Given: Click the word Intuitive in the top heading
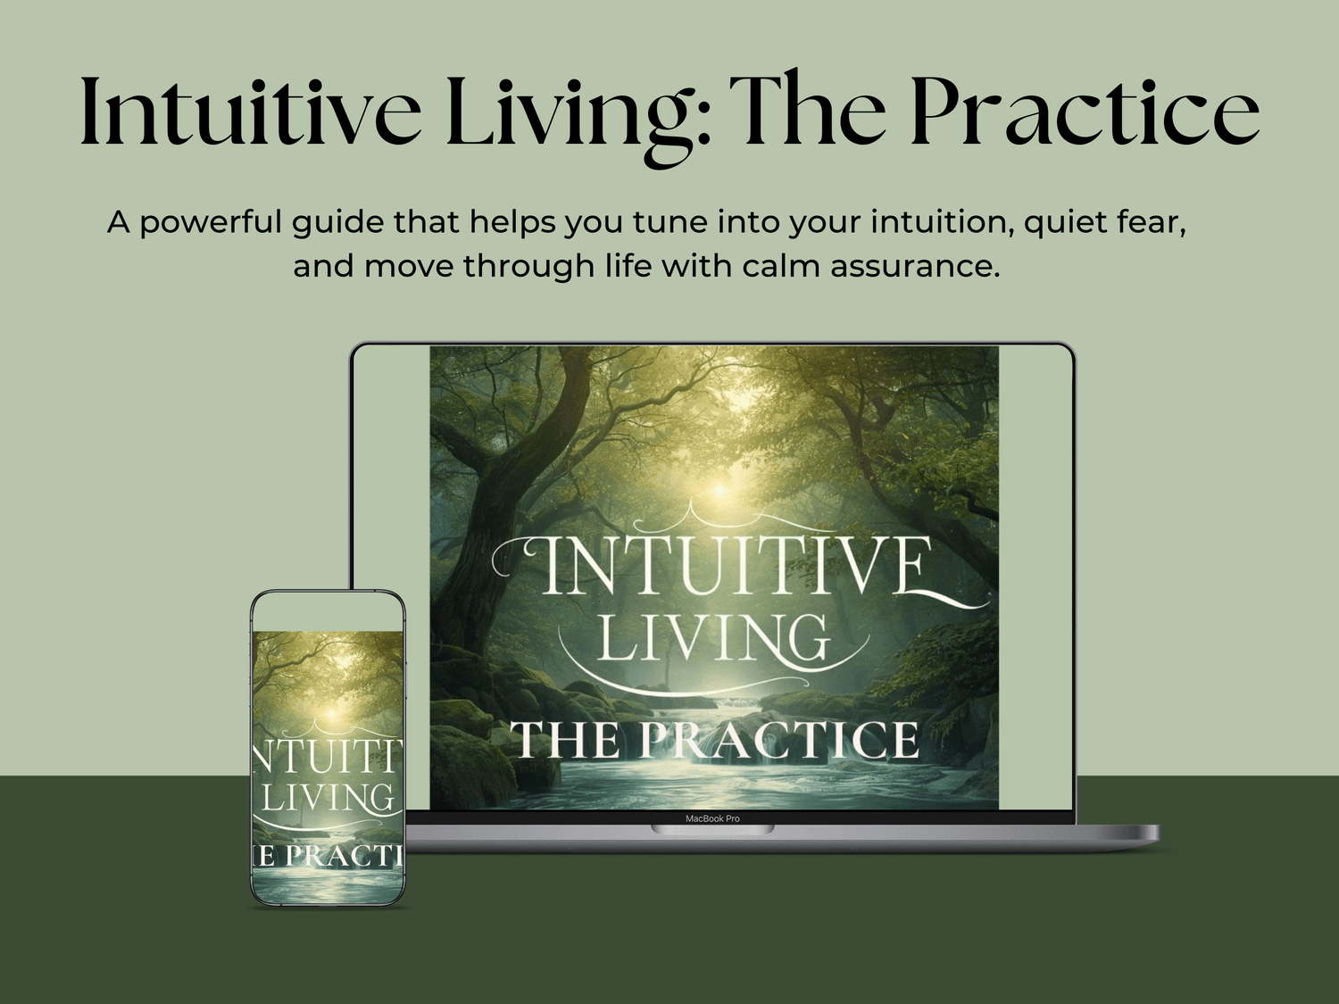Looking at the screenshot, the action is tap(251, 112).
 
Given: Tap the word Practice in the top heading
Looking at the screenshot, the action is tap(1085, 112).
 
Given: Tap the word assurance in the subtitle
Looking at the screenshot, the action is tap(915, 267).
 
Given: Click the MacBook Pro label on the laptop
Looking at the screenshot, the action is tap(712, 818).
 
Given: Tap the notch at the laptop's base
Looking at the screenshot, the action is tap(712, 830).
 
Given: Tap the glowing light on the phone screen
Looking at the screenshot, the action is tap(331, 713).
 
